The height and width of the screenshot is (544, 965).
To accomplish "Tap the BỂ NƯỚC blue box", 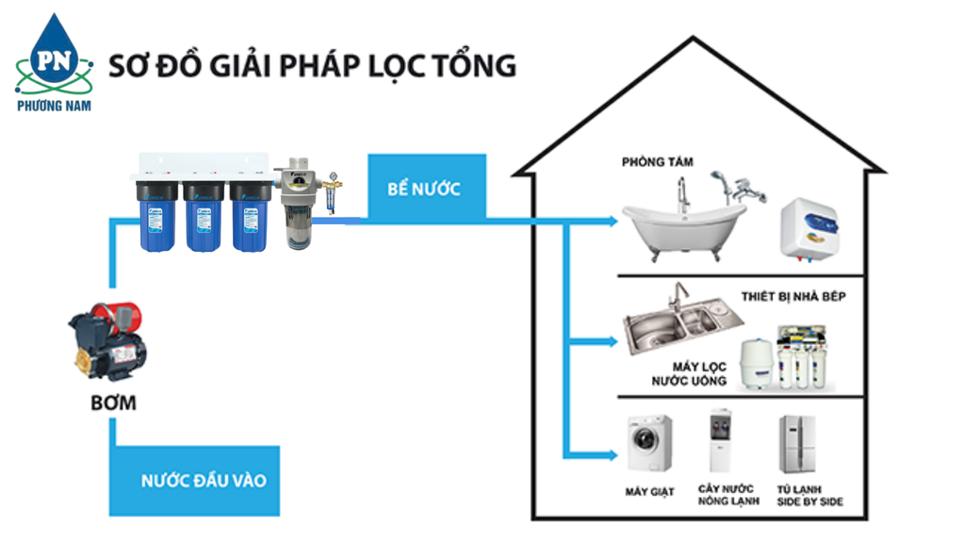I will (424, 188).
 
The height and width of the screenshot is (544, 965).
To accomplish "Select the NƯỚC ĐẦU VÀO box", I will (204, 480).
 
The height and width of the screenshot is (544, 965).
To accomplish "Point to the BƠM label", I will (114, 404).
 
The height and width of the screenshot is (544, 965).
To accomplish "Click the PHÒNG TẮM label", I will (657, 162).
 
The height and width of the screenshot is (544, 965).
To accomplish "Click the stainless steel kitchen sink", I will (674, 326).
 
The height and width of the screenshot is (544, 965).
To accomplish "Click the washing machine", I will (650, 443).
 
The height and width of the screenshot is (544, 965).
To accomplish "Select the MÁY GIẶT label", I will (649, 492).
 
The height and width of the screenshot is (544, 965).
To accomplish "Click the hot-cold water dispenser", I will (721, 442).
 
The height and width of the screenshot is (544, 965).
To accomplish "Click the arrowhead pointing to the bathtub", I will (613, 222).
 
